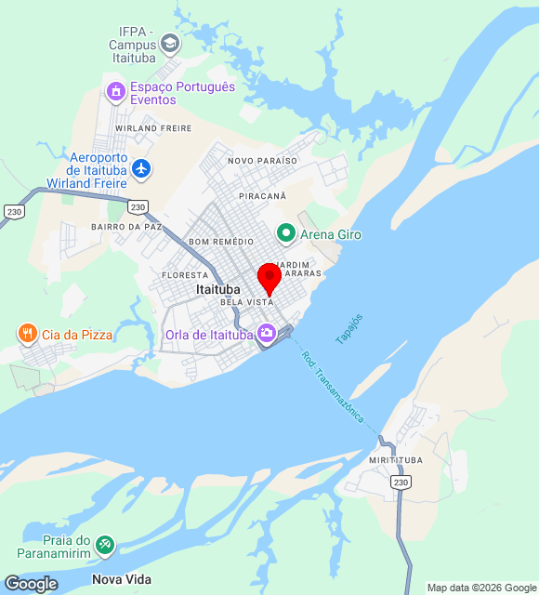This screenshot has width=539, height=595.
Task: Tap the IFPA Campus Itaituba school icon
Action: coord(170,43)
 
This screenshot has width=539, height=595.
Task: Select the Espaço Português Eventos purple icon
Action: coord(116,91)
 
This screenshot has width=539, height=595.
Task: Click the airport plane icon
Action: coord(141,168)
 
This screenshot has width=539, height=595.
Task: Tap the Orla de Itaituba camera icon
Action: coord(267,333)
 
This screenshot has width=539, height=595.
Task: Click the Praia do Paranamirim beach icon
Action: coord(105,544)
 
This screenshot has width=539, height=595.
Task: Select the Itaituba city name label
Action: coord(218,290)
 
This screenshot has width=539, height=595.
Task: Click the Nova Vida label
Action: coord(121,579)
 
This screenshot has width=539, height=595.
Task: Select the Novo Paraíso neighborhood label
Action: coord(262,161)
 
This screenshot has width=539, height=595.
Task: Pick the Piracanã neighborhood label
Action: coord(263,197)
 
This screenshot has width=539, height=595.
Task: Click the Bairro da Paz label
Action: coord(126,226)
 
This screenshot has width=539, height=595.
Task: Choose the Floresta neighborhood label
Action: coord(184,276)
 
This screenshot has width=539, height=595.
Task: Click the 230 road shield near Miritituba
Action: coord(401,482)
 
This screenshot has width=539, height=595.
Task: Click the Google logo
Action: coord(30,584)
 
